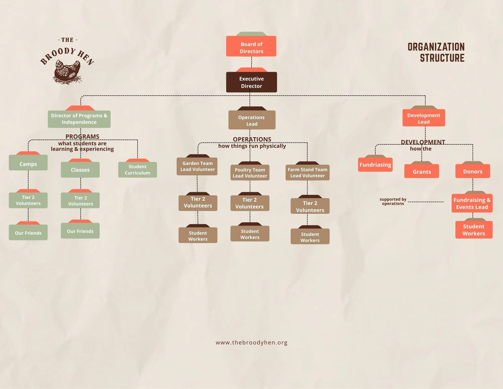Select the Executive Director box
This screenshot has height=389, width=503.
[251, 82]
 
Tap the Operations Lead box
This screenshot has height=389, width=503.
[252, 120]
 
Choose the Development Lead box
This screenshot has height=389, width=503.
[423, 118]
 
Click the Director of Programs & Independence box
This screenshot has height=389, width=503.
[79, 119]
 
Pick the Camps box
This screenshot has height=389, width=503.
[28, 163]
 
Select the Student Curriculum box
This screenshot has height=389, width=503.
[137, 170]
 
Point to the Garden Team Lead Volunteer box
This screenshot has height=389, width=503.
[197, 166]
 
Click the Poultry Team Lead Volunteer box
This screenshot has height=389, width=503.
[250, 173]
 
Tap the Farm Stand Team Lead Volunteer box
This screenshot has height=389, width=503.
[307, 173]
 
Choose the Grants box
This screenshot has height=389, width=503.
[421, 171]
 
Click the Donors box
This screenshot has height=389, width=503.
[472, 171]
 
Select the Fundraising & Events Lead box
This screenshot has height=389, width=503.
[472, 203]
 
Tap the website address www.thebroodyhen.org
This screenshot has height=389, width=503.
[251, 342]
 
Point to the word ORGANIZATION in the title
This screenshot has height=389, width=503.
[436, 47]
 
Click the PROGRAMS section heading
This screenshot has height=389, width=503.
[82, 136]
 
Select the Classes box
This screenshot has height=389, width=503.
[80, 170]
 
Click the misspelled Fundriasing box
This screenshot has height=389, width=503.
[375, 165]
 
